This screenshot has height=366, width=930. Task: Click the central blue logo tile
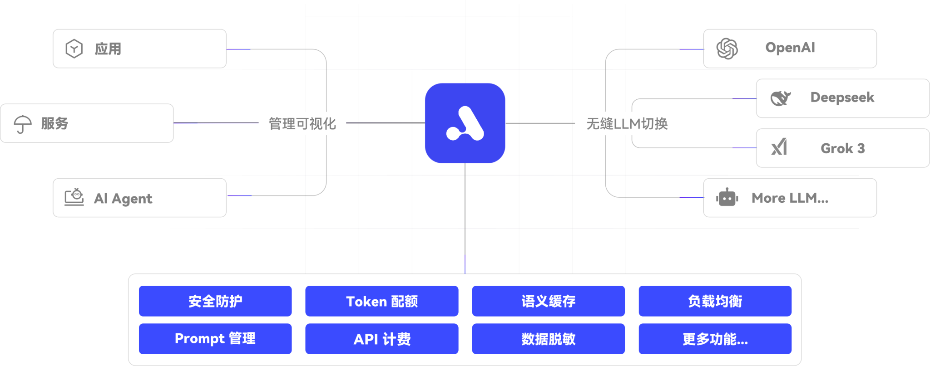(x=465, y=123)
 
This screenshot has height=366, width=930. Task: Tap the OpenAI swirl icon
(x=727, y=49)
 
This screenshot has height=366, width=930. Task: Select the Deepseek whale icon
(x=780, y=98)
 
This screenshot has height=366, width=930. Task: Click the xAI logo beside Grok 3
(x=779, y=147)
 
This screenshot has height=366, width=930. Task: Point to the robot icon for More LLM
(x=727, y=198)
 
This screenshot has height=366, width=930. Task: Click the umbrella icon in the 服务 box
(x=22, y=124)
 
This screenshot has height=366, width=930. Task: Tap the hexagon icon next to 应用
(x=74, y=49)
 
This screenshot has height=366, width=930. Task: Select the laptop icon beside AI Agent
(x=74, y=197)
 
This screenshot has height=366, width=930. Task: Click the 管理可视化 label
(x=302, y=123)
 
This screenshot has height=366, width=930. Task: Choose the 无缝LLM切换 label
(x=627, y=123)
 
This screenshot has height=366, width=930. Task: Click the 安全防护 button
(x=215, y=301)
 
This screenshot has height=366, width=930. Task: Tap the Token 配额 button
(x=381, y=301)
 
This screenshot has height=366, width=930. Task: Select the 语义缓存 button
(x=548, y=301)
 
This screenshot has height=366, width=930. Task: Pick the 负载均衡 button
(x=715, y=301)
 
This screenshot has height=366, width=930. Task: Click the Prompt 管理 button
(x=215, y=339)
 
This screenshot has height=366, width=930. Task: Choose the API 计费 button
(x=381, y=339)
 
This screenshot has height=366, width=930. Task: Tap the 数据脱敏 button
(x=548, y=339)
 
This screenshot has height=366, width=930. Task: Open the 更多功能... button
(x=715, y=339)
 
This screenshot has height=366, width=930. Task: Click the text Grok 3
(x=842, y=148)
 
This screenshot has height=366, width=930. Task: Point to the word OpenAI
(x=790, y=48)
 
